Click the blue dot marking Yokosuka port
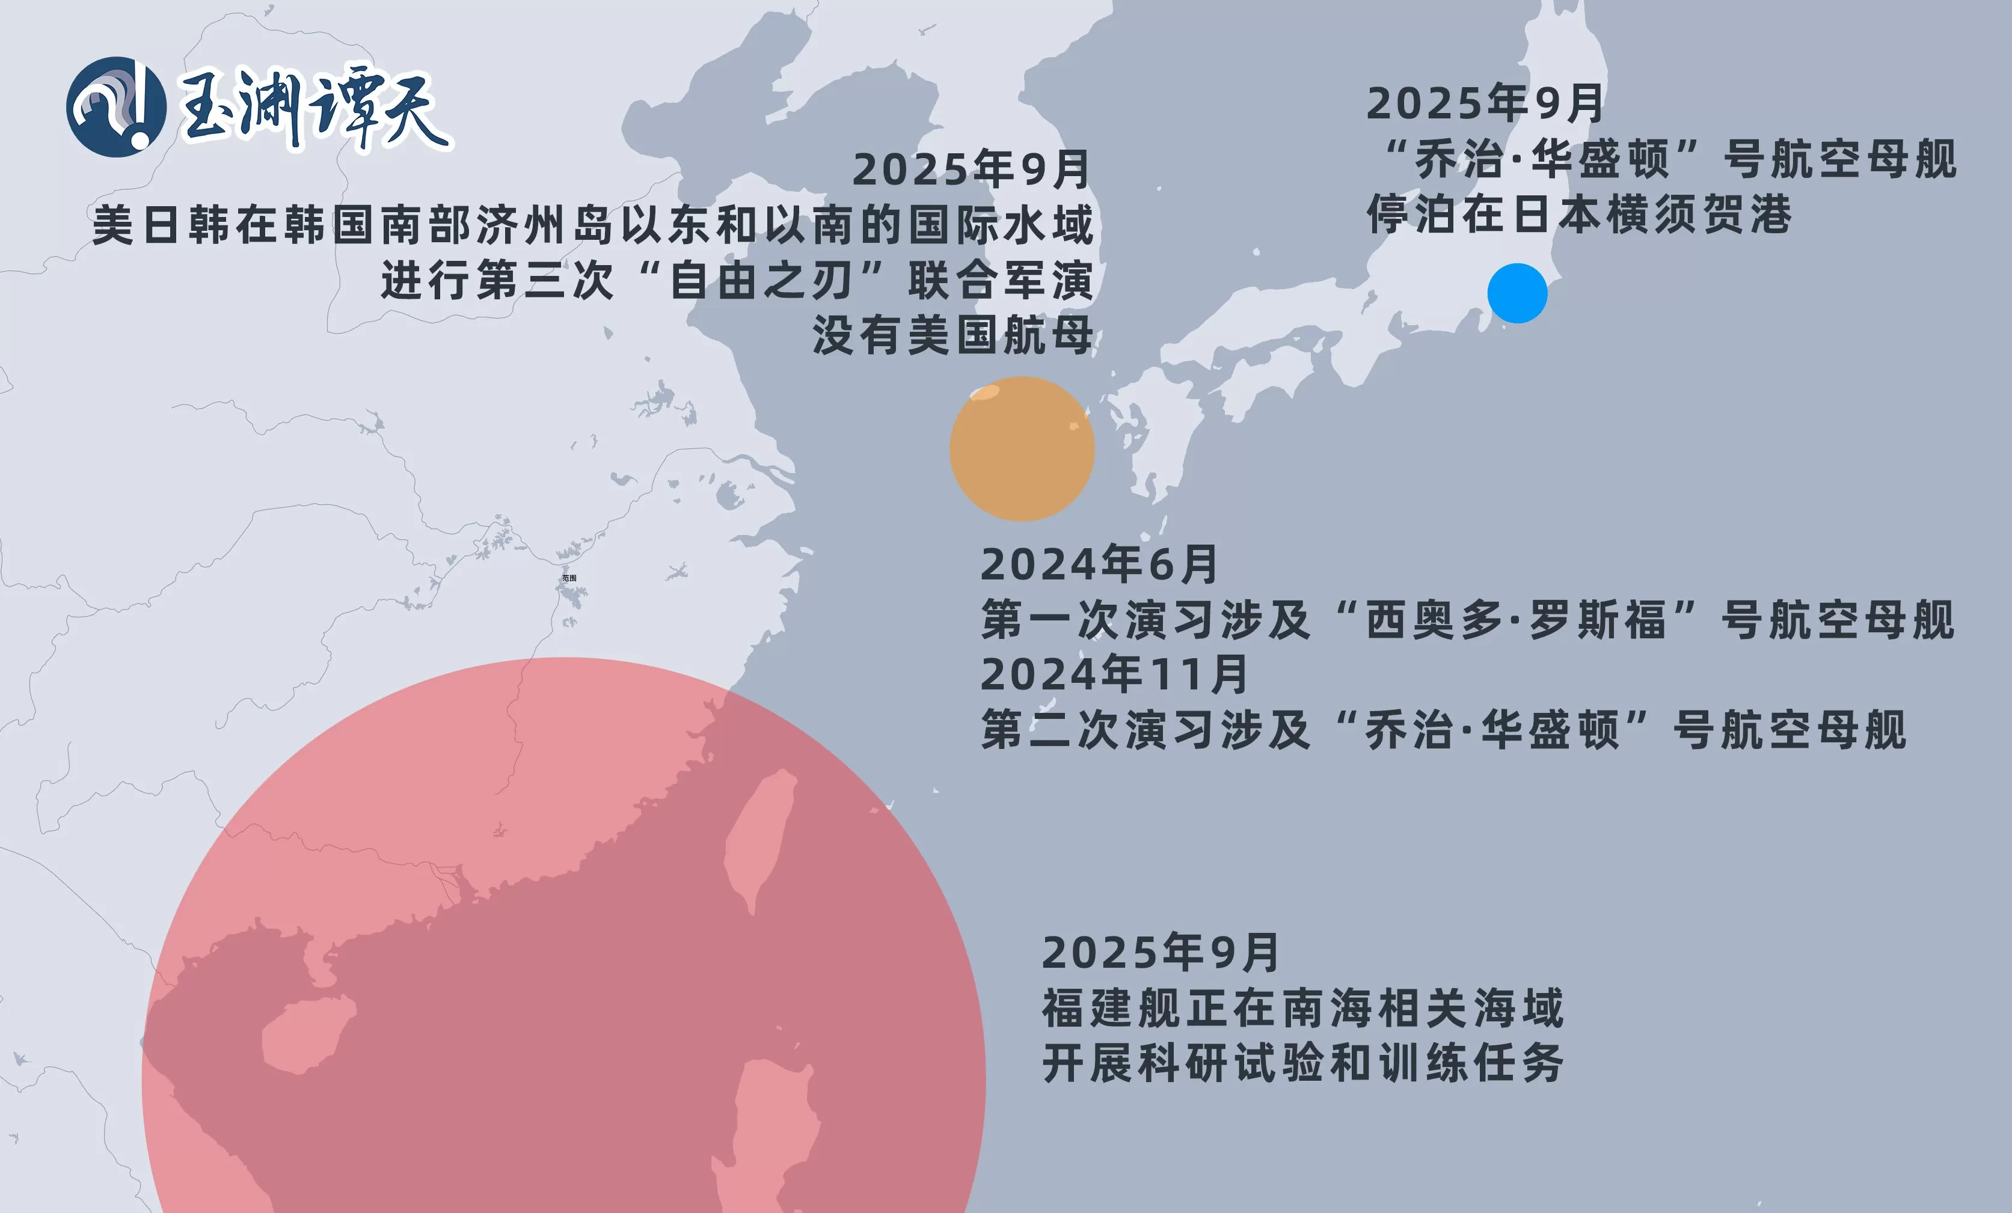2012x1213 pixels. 1517,293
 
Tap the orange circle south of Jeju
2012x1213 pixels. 1022,449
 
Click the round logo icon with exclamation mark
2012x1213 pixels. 116,107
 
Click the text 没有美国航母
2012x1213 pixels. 952,335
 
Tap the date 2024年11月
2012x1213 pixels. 1114,674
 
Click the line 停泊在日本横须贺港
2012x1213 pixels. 1579,215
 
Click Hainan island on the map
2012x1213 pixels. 306,1033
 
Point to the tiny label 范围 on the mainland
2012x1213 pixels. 569,578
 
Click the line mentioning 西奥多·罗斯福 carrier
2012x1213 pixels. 1467,620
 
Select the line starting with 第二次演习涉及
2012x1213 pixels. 1444,730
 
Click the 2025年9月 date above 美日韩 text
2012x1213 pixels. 971,170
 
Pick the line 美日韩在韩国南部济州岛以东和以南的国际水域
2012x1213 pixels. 593,225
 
